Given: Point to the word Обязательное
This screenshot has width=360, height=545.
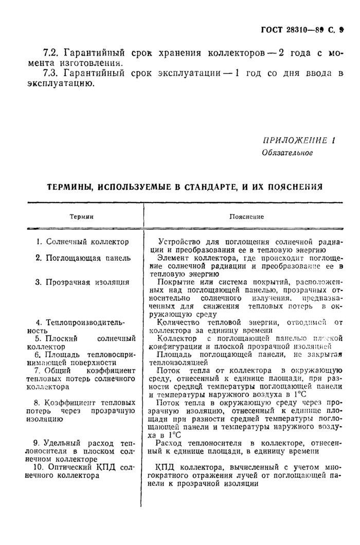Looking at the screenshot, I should coord(287,153).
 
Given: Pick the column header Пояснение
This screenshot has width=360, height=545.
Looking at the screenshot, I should coord(246,217).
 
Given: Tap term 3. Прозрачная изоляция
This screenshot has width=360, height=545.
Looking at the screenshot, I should coord(82,282).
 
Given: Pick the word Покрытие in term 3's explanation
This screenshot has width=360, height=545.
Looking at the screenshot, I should coord(175,282).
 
